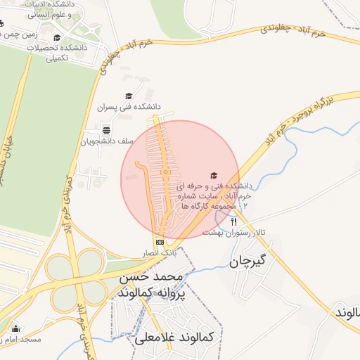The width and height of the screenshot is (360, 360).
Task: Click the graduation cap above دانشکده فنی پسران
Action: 129,96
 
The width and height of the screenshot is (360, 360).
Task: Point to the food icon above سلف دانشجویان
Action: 105,129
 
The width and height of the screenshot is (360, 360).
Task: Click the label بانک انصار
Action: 160,252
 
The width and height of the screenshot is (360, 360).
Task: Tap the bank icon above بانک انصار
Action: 160,241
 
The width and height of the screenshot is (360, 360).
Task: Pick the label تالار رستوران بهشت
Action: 233,232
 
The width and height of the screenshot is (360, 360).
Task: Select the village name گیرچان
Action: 250,262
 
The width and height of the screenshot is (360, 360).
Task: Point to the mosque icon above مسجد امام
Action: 15,328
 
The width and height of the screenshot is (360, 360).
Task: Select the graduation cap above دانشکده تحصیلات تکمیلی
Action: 57,38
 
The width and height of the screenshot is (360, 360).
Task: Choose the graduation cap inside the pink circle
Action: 214,175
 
